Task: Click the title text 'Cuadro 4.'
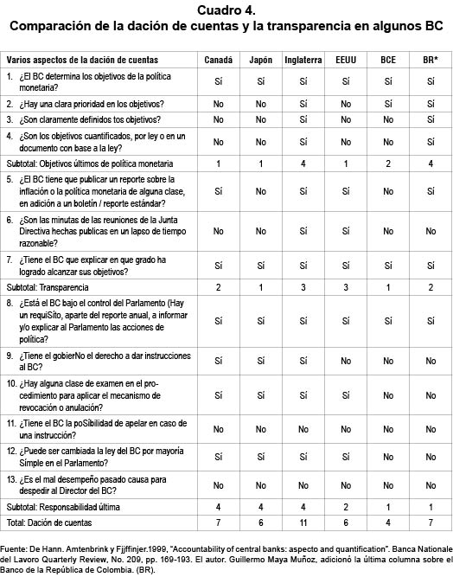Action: tap(226, 10)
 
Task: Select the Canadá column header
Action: tap(218, 60)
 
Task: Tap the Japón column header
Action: tap(260, 60)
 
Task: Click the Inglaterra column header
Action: tap(303, 60)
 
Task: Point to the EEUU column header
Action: tap(346, 60)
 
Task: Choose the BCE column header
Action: tap(388, 60)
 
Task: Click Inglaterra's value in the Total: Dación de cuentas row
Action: tap(303, 523)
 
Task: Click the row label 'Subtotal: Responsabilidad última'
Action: tap(69, 506)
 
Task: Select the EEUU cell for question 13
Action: tap(346, 485)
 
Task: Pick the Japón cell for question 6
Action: tap(260, 231)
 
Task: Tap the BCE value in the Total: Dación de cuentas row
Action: tap(388, 523)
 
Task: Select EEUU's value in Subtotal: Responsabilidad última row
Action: tap(346, 506)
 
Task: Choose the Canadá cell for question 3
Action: tap(218, 120)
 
